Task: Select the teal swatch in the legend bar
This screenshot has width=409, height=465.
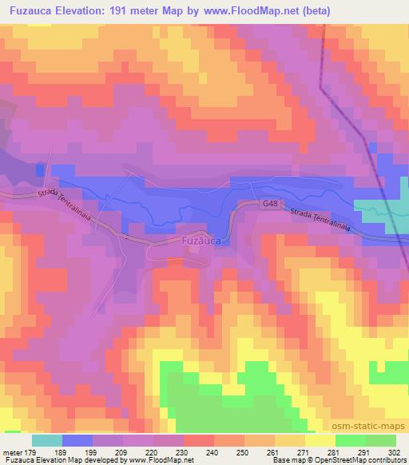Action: point(46,440)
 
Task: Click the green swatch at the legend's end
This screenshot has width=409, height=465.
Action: point(380,440)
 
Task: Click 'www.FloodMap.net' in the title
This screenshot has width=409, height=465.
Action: point(244,11)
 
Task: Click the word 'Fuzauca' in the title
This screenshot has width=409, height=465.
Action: point(30,11)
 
